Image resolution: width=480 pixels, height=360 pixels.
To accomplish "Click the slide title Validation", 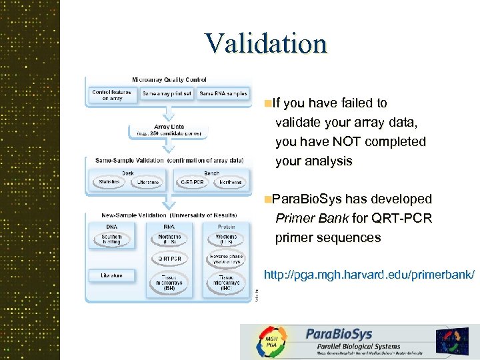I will point(266,44).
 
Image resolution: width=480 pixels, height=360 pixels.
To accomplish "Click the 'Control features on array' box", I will point(111,95).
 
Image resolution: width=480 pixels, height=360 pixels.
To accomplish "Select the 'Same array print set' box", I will point(167,94).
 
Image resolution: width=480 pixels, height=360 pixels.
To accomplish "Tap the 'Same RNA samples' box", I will point(223,94).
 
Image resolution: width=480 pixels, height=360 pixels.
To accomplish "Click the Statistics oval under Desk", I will point(109,182).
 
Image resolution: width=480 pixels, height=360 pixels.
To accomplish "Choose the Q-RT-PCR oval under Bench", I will point(193,182).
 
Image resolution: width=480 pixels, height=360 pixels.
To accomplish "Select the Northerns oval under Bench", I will point(230,182).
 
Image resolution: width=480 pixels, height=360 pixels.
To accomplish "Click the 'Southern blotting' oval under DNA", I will point(111,239).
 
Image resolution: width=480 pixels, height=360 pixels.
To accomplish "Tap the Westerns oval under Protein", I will point(226,239).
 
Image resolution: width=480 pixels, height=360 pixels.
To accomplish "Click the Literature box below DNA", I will point(111,275).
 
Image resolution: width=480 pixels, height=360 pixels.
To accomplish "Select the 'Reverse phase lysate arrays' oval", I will point(226,259).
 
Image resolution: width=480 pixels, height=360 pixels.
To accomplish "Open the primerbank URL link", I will point(369,275).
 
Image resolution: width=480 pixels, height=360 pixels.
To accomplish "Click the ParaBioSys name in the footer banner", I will point(339,333).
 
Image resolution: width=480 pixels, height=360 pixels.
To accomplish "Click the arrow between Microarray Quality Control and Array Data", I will point(167,113).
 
